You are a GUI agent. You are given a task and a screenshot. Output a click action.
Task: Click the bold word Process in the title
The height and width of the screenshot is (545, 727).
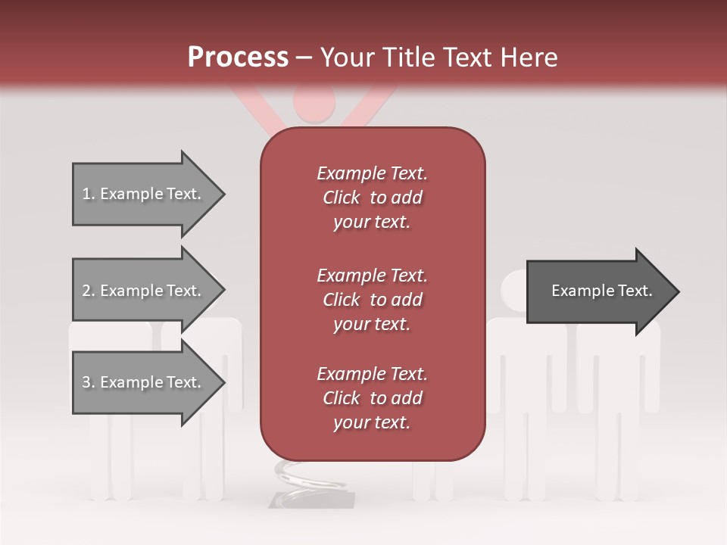(238, 57)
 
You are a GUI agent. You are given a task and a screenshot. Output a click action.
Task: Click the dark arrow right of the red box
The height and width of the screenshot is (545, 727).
(598, 291)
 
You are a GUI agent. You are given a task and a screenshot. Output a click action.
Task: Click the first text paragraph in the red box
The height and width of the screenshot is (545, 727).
(372, 198)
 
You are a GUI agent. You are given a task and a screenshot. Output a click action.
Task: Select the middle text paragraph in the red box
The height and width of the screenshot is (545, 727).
(372, 300)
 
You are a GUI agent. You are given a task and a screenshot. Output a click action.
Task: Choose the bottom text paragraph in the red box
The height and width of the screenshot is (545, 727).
(372, 398)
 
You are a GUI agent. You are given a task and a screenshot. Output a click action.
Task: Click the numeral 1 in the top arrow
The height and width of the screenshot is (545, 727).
(86, 194)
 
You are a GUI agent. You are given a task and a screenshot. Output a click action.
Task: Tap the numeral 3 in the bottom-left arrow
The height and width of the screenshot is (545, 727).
(86, 382)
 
